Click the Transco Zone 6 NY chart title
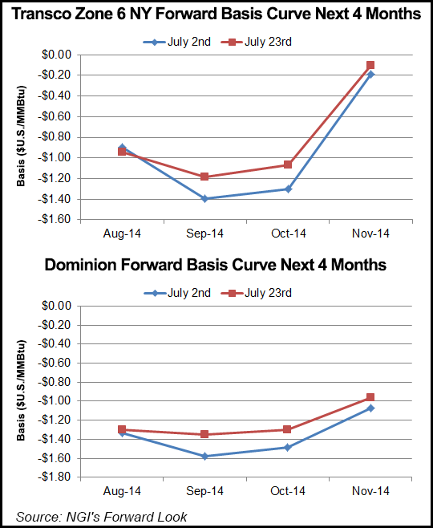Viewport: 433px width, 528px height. (x=216, y=14)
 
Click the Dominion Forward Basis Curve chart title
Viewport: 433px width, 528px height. (x=216, y=265)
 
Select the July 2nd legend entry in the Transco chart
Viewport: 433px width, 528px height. (x=177, y=42)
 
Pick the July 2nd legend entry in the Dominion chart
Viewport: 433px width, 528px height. (x=177, y=293)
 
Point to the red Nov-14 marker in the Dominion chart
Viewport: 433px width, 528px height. (x=370, y=397)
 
